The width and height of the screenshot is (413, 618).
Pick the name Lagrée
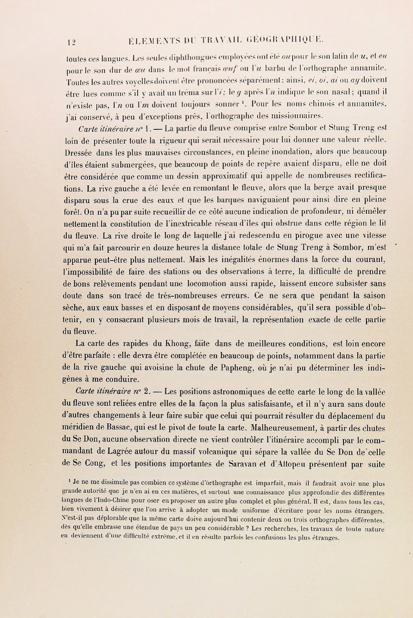click(119, 452)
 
